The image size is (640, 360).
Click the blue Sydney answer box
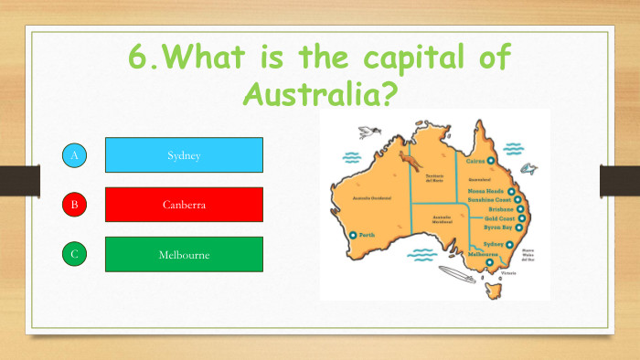coord(184,155)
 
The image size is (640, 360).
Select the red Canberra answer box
coord(184,205)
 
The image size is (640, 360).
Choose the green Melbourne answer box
coord(184,254)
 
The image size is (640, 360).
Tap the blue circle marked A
coord(75,156)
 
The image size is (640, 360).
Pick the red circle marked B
coord(75,205)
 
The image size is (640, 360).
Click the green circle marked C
coord(75,254)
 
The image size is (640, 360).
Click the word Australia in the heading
coord(319,92)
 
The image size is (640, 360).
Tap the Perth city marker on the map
coord(353,235)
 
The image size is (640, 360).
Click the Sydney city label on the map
coord(493,245)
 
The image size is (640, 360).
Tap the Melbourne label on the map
coord(484,254)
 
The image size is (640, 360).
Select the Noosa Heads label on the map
coord(488,190)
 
